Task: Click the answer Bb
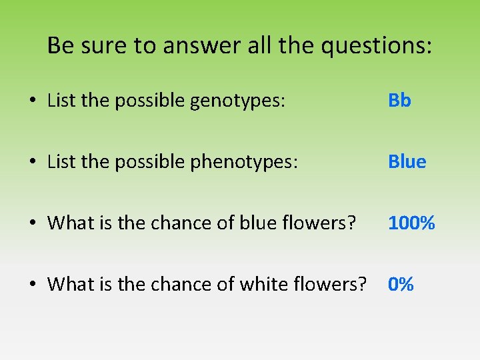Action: click(399, 101)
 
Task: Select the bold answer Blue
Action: click(407, 162)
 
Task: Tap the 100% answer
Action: click(411, 223)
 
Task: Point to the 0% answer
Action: click(401, 285)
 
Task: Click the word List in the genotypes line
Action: click(61, 101)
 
